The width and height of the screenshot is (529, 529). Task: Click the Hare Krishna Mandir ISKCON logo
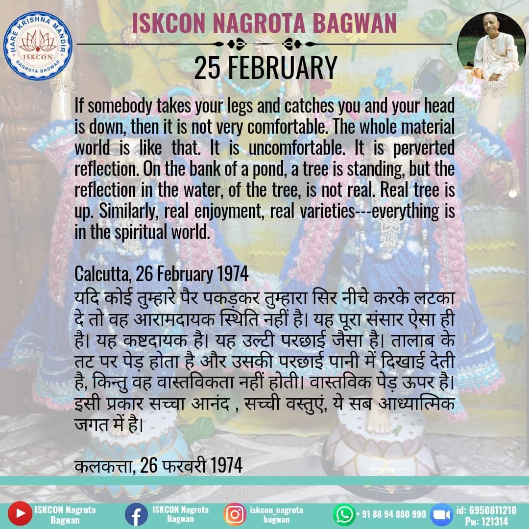tap(38, 46)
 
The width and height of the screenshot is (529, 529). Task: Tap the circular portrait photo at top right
tap(491, 47)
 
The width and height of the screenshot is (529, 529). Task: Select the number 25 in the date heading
tap(207, 68)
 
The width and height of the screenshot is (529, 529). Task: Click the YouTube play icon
tap(20, 513)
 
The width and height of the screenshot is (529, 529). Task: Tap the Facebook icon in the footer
tap(136, 514)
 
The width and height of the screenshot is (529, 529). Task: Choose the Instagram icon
tap(235, 514)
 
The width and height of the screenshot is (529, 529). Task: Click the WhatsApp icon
tap(344, 514)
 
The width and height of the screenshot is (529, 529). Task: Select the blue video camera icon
tap(442, 514)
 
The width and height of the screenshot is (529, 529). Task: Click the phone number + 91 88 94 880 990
tap(391, 514)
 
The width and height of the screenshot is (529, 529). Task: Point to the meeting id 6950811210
tap(486, 510)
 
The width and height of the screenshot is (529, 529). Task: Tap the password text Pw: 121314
tap(486, 521)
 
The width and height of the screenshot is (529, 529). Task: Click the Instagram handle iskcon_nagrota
tap(276, 510)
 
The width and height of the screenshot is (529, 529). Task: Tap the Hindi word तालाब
tap(412, 340)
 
